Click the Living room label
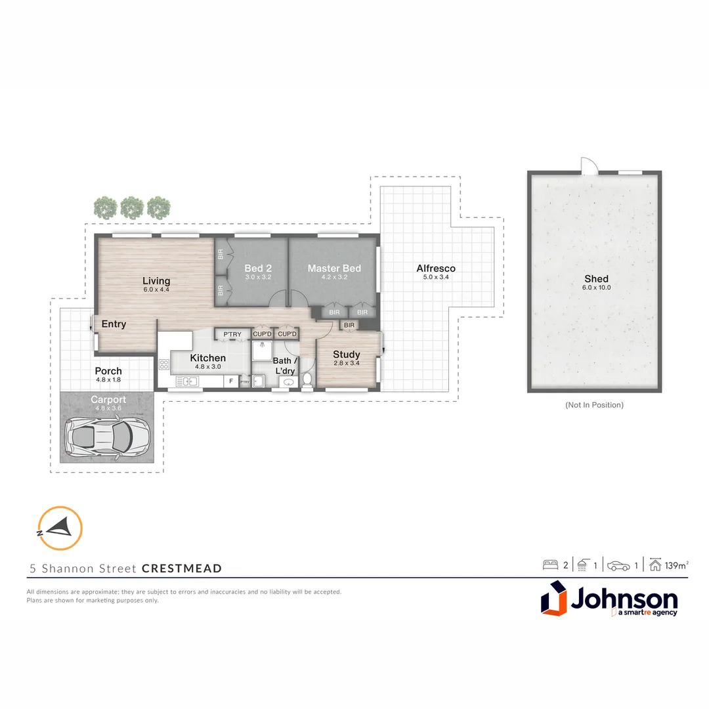pyautogui.click(x=156, y=281)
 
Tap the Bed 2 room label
pyautogui.click(x=258, y=268)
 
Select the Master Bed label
pyautogui.click(x=334, y=268)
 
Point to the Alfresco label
pyautogui.click(x=435, y=268)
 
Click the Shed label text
pyautogui.click(x=596, y=278)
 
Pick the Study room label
pyautogui.click(x=346, y=354)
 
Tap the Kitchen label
pyautogui.click(x=207, y=358)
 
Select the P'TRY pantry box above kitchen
pyautogui.click(x=232, y=335)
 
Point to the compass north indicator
pyautogui.click(x=60, y=527)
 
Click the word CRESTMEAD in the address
pyautogui.click(x=182, y=569)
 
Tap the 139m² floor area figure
pyautogui.click(x=677, y=565)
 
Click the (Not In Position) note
pyautogui.click(x=594, y=405)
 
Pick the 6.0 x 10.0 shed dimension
pyautogui.click(x=596, y=288)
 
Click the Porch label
pyautogui.click(x=108, y=371)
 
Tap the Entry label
pyautogui.click(x=114, y=324)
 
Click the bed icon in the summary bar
pyautogui.click(x=549, y=565)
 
